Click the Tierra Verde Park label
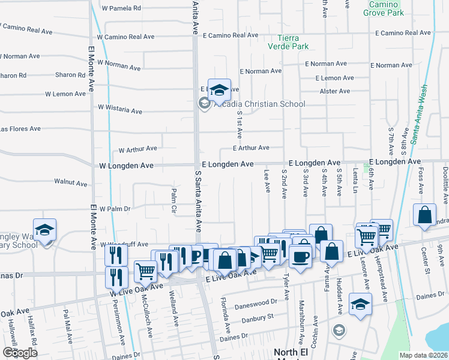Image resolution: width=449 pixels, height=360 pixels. (288, 41)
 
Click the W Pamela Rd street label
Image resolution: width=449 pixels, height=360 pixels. (121, 8)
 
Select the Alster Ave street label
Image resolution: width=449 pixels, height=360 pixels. (335, 91)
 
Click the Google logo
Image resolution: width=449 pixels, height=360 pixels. (20, 353)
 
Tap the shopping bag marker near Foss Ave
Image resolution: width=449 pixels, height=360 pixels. (424, 217)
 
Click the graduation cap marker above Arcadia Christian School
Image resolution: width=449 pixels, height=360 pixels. (220, 90)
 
